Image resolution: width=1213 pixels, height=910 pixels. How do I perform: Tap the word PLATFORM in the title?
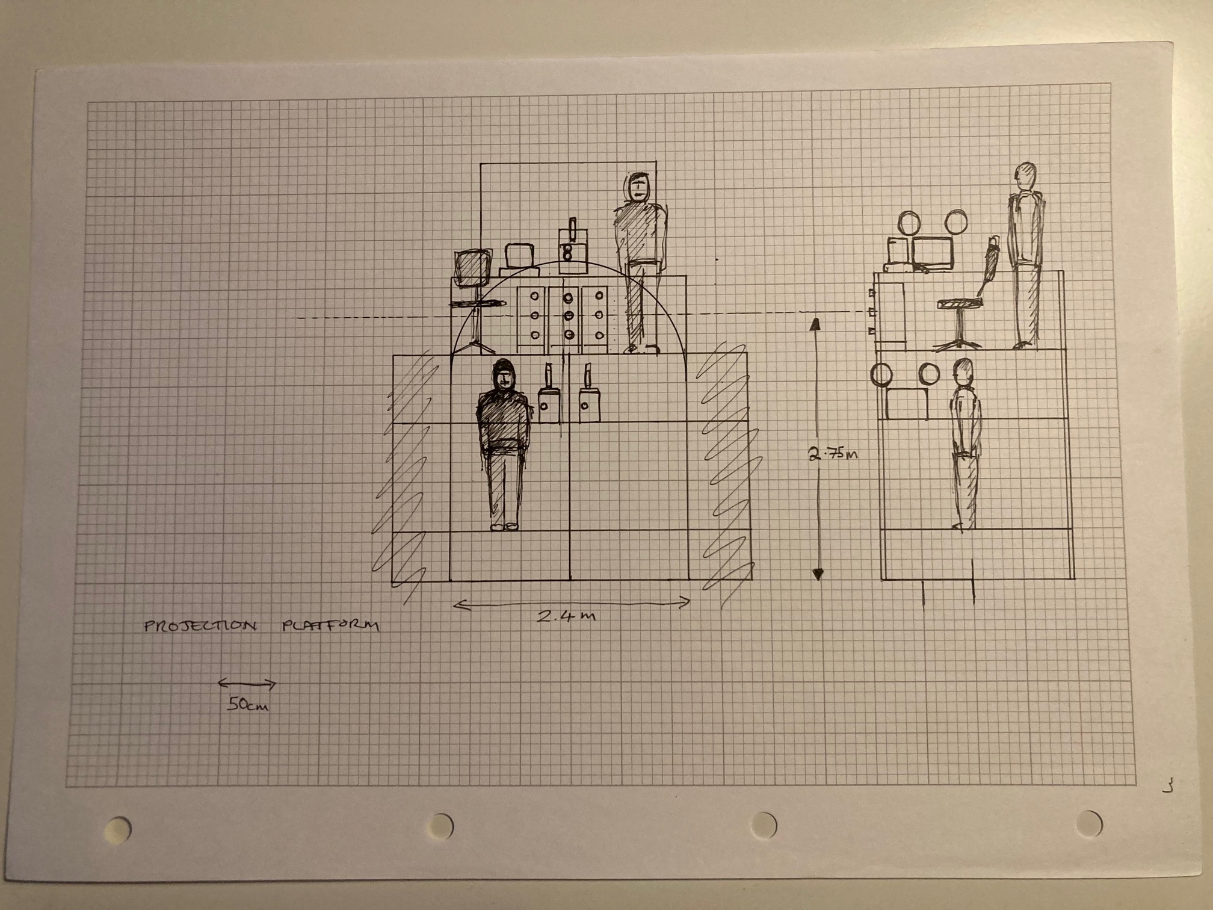[x=330, y=626]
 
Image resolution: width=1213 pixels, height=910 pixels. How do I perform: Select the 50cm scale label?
[x=247, y=705]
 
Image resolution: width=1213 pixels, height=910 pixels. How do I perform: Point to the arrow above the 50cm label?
[x=247, y=684]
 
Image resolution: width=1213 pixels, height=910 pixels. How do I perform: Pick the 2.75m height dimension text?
[x=833, y=454]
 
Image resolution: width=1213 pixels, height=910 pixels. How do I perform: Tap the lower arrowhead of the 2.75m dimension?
[x=817, y=574]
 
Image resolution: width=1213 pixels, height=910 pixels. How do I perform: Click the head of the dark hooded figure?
[x=504, y=376]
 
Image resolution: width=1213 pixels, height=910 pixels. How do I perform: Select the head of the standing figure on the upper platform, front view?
[x=638, y=187]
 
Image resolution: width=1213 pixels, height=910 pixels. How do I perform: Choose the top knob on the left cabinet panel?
[x=534, y=296]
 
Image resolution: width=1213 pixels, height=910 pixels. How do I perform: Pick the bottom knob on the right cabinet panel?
[x=599, y=335]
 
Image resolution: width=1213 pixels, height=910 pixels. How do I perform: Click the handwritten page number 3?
[x=1167, y=785]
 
